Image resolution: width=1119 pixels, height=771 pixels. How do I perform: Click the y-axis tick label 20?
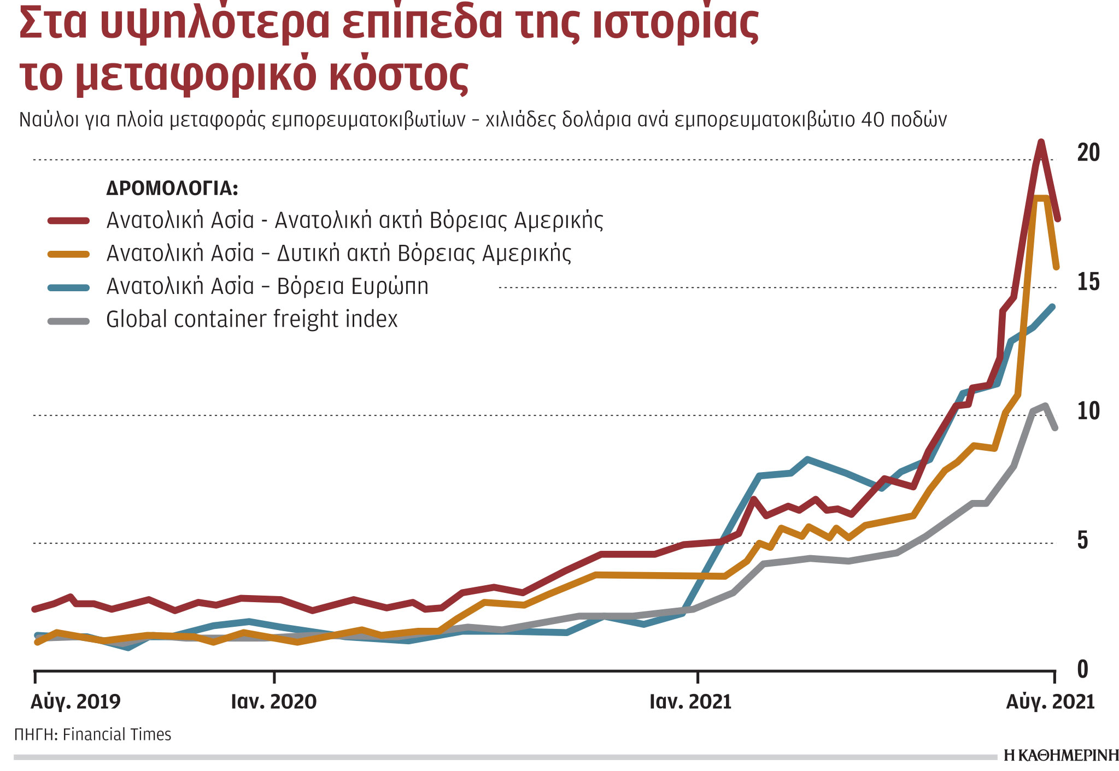click(1088, 153)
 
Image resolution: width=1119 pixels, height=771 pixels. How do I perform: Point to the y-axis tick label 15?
click(1088, 282)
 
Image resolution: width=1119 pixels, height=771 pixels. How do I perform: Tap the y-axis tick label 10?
click(1088, 411)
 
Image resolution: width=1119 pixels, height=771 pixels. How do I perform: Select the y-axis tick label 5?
click(1082, 540)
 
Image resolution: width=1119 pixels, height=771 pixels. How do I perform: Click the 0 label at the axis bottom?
click(1082, 669)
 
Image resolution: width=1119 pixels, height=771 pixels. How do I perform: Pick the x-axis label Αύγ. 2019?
click(75, 702)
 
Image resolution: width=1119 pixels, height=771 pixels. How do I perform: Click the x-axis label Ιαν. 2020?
click(274, 702)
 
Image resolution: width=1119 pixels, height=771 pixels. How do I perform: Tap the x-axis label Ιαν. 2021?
click(690, 702)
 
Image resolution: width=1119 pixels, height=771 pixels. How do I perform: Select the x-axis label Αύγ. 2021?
click(1050, 702)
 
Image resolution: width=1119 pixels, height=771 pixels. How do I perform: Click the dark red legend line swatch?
click(69, 221)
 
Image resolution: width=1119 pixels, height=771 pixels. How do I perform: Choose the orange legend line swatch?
click(69, 254)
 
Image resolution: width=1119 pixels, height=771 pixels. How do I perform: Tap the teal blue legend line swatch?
click(69, 287)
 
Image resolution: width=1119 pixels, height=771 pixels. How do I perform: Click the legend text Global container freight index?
click(251, 319)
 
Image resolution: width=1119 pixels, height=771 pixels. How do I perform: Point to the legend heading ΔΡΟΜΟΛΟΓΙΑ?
click(172, 189)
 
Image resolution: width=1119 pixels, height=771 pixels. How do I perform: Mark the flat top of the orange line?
click(1040, 198)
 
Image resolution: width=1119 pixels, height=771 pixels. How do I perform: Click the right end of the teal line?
click(1052, 307)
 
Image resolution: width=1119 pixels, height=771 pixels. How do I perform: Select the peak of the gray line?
click(1045, 405)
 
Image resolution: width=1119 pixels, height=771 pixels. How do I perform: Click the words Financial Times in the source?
click(117, 734)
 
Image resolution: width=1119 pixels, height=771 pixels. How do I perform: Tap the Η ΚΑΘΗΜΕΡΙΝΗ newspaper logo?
click(1061, 756)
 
